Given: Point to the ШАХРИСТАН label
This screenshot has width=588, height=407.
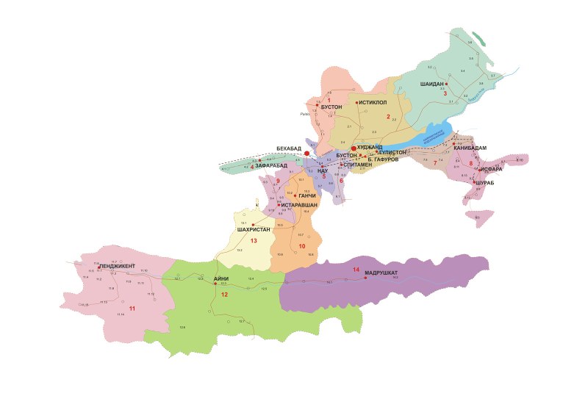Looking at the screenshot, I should point(254,230).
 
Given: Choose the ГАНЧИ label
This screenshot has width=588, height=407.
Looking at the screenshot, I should point(307,196).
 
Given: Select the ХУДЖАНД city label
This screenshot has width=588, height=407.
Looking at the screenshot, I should point(371,147).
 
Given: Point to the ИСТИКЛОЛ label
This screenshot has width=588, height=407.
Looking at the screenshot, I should point(373,103).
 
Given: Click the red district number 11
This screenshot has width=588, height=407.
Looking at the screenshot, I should point(132,307).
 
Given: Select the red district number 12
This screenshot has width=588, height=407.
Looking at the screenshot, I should point(225,295).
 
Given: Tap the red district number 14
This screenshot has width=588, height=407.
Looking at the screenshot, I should point(356,270).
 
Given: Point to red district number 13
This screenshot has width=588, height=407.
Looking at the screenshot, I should point(254,240).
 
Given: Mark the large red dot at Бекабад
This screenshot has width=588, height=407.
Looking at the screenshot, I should point(307,154).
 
